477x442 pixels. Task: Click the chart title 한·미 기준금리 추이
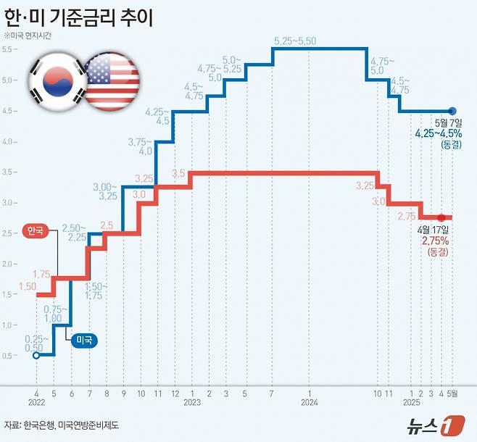point(80,15)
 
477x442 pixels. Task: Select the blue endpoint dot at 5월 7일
point(453,111)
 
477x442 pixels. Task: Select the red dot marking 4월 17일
point(441,217)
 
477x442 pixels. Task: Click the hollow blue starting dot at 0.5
point(37,355)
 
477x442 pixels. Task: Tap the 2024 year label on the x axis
point(310,401)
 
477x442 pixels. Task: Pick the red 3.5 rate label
point(181,174)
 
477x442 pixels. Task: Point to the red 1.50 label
point(27,288)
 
